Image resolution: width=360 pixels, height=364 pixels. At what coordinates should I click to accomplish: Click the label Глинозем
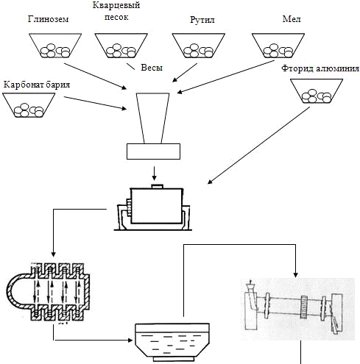click(x=48, y=19)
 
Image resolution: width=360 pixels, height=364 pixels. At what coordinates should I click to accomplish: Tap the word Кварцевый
click(x=116, y=6)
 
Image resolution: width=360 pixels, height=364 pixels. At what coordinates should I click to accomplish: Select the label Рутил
click(x=202, y=20)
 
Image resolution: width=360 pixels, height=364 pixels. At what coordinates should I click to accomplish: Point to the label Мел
click(x=292, y=19)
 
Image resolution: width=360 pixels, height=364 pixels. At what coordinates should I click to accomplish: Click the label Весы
click(x=152, y=68)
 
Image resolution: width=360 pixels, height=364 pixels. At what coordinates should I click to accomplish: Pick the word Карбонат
click(x=23, y=85)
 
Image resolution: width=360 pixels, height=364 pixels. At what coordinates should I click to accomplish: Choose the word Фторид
click(x=297, y=68)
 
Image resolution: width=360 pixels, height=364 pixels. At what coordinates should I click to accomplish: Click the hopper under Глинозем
click(x=55, y=46)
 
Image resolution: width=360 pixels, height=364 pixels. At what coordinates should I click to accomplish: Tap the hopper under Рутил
click(x=199, y=46)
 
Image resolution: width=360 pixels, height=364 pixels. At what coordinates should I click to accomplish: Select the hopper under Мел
click(x=278, y=46)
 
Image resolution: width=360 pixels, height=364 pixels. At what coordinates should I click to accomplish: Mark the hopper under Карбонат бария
click(x=29, y=105)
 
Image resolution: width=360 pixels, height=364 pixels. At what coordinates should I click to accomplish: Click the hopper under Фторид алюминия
click(x=317, y=91)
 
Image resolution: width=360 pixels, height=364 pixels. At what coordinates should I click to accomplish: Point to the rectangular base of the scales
click(x=153, y=151)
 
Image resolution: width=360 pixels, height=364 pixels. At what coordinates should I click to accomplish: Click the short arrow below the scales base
click(x=154, y=174)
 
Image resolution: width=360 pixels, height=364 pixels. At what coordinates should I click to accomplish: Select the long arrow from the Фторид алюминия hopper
click(x=258, y=146)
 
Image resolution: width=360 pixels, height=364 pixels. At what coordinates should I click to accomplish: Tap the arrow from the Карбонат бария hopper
click(x=95, y=103)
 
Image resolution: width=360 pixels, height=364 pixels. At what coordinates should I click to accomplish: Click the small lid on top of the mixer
click(x=158, y=187)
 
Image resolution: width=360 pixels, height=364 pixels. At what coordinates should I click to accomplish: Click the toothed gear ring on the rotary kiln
click(x=304, y=307)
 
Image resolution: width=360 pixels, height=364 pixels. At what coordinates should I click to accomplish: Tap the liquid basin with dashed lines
click(x=172, y=342)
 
